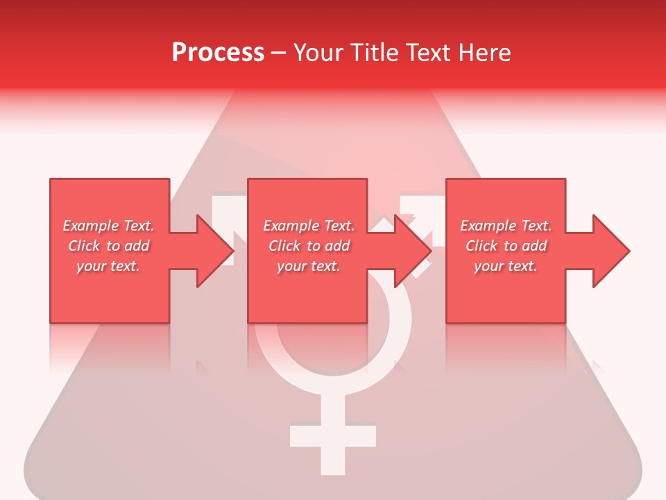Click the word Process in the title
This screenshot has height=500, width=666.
point(218,53)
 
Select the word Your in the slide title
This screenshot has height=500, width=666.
point(319,53)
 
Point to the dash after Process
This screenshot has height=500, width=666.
point(278,53)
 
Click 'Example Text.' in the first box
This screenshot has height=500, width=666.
point(108,226)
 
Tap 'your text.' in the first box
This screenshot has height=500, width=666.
point(108,266)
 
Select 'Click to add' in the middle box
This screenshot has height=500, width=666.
point(309,246)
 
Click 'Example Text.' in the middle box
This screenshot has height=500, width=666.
point(309,226)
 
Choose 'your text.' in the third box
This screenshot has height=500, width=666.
point(506,266)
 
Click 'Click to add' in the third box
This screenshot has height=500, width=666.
point(506,246)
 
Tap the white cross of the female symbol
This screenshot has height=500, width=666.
point(332,436)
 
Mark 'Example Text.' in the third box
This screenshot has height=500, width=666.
point(506,226)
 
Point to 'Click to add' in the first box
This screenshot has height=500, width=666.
point(108,246)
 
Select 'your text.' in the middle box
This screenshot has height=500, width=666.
point(309,266)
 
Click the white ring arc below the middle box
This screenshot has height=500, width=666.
point(333,378)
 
